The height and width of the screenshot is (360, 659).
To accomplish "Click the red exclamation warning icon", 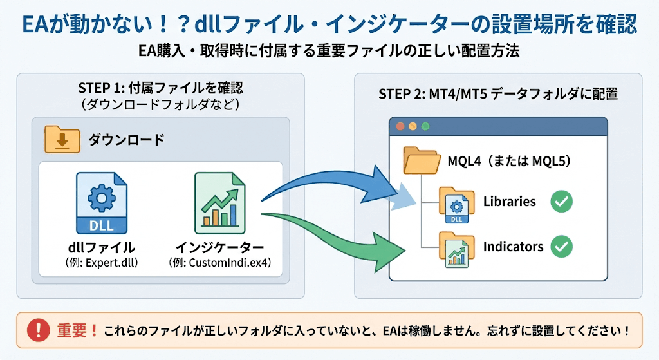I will [x=39, y=331].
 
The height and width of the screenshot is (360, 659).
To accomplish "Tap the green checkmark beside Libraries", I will [x=561, y=202].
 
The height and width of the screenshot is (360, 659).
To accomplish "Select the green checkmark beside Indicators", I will [x=561, y=246].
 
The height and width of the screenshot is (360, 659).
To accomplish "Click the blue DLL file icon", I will [x=101, y=203].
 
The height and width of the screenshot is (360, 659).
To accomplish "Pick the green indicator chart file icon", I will [x=219, y=203].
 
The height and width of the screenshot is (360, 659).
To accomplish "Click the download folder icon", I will [x=62, y=139].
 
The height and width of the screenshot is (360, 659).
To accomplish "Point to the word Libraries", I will [x=509, y=202].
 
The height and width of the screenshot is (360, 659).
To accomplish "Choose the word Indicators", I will [x=513, y=246].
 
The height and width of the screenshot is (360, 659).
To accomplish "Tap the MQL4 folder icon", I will [x=420, y=160].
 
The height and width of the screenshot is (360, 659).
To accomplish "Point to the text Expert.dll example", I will [x=101, y=263].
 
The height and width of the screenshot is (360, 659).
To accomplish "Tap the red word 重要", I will [x=72, y=331].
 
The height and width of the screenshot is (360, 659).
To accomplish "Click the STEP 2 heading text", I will [x=497, y=94].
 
